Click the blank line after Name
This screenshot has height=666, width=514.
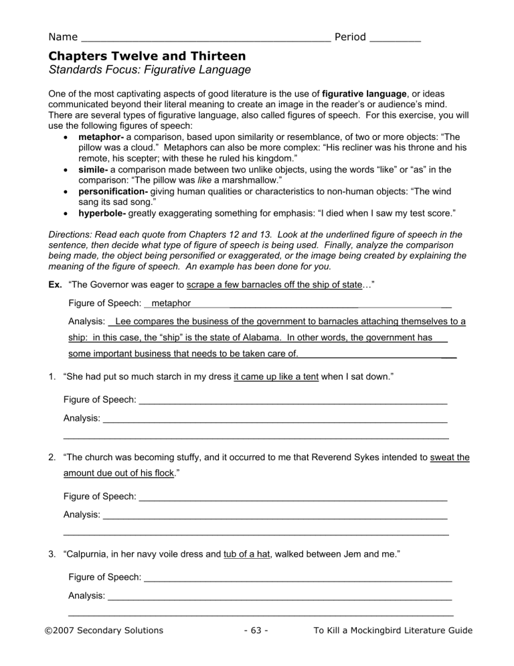204,38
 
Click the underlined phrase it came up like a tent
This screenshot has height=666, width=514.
276,378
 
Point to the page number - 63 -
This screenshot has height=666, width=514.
256,630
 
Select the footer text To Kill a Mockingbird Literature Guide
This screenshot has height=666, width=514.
392,630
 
